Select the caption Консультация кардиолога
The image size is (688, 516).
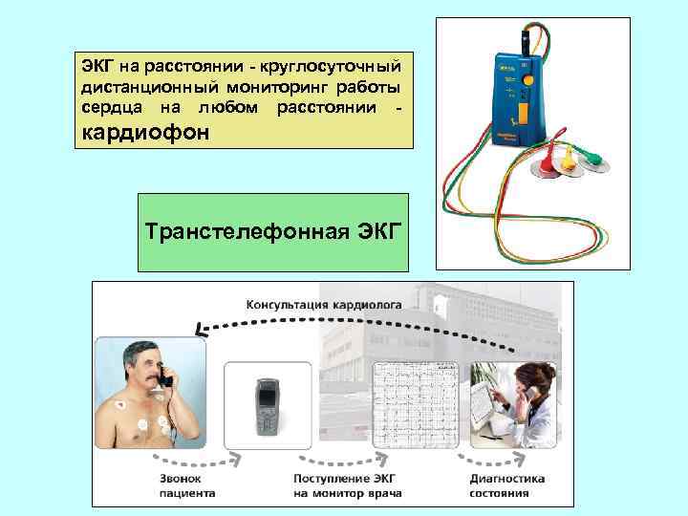point(324,305)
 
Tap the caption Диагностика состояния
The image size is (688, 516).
point(506,485)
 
